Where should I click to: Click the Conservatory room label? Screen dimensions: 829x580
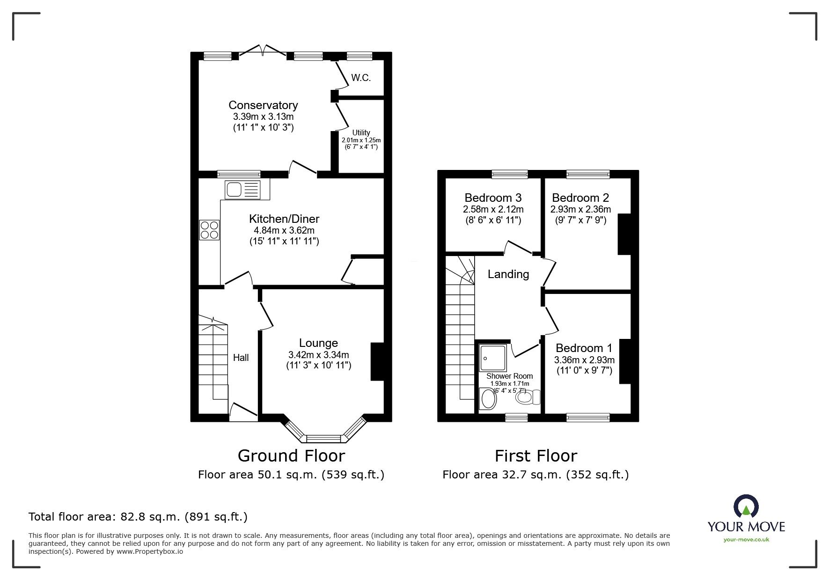(x=263, y=105)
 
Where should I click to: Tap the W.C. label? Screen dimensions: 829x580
(x=361, y=78)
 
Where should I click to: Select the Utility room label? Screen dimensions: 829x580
(x=361, y=132)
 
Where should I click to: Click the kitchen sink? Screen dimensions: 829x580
(x=242, y=189)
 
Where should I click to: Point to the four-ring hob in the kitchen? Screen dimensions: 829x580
(x=209, y=229)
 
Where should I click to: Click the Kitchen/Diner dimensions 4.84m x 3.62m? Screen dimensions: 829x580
(x=284, y=230)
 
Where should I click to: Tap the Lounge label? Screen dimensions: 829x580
(x=319, y=343)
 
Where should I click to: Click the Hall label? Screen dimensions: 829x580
(x=241, y=358)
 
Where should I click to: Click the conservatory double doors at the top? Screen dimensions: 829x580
(x=263, y=51)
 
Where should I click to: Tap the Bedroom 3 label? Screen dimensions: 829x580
(x=493, y=198)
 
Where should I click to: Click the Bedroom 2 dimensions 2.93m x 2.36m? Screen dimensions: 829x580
(x=580, y=209)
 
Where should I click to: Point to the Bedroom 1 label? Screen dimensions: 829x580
(x=584, y=348)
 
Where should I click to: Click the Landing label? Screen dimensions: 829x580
(x=508, y=274)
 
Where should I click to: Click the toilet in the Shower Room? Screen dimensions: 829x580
(x=528, y=397)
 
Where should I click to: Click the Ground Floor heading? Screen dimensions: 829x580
(x=291, y=455)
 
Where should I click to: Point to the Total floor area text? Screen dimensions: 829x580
(x=138, y=517)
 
